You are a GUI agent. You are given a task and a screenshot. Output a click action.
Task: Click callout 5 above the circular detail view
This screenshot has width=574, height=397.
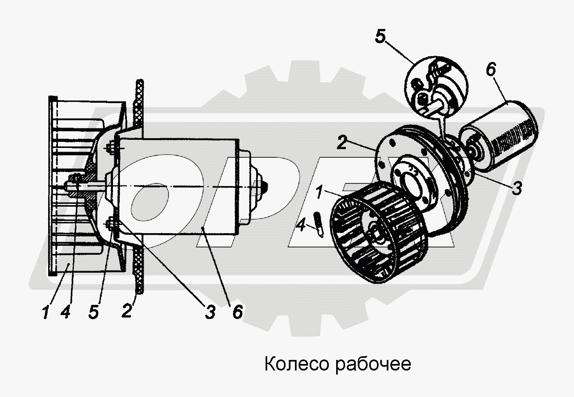tap(380, 36)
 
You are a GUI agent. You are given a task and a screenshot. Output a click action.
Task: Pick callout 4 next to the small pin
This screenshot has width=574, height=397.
tap(301, 226)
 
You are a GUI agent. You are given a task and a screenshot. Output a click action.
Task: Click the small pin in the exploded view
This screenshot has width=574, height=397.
tap(319, 225)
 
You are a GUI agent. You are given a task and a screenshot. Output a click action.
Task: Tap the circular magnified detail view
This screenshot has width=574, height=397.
tap(436, 88)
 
